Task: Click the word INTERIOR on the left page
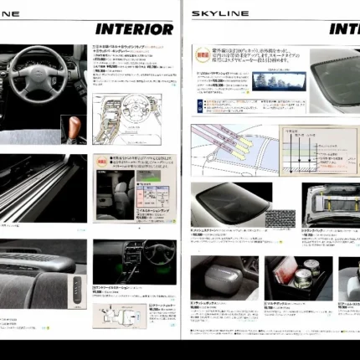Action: click(x=134, y=29)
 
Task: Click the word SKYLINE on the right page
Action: click(x=220, y=13)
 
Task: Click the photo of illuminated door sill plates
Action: click(x=42, y=188)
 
